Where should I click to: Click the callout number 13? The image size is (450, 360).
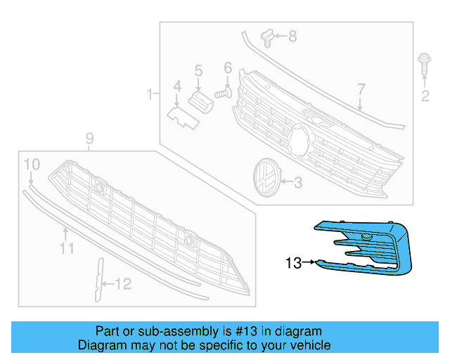click(294, 264)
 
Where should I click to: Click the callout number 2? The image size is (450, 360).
click(425, 96)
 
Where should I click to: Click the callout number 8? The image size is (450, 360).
click(292, 35)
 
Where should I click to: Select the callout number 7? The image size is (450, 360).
click(361, 89)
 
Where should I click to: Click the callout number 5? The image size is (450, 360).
click(198, 70)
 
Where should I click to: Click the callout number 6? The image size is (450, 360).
click(228, 68)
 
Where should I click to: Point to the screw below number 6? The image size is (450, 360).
click(224, 91)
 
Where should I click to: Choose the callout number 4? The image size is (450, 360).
click(177, 86)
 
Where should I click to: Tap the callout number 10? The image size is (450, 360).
click(32, 165)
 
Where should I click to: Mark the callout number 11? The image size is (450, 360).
click(66, 248)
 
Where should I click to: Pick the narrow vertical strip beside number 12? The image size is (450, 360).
click(98, 279)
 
